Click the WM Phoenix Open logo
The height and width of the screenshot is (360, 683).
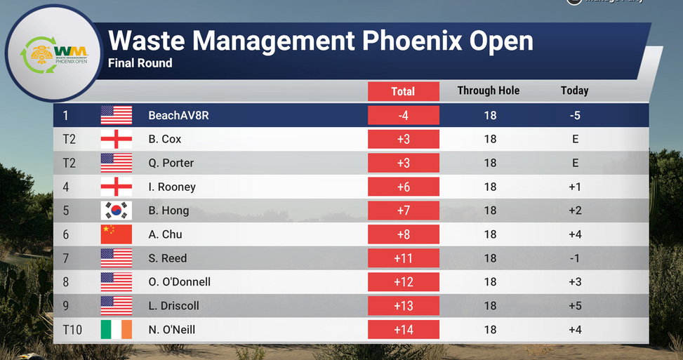[x=54, y=53]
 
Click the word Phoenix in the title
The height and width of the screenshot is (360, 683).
[x=412, y=41]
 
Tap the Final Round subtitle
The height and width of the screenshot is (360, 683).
[x=140, y=63]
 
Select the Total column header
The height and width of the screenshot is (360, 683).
[x=404, y=91]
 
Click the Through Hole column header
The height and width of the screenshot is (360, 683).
[x=489, y=91]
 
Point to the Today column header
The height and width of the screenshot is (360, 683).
[x=574, y=91]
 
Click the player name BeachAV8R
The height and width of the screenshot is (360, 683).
[x=178, y=115]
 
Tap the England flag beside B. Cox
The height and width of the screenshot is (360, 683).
[x=117, y=140]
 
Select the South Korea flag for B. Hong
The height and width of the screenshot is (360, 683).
[x=117, y=211]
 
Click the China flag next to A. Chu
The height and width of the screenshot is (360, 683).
[x=117, y=234]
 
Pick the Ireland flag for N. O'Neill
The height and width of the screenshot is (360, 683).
[x=117, y=330]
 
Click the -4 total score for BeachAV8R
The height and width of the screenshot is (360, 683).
[x=404, y=115]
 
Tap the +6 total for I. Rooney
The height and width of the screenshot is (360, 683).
[x=404, y=187]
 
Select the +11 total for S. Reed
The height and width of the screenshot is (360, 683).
[x=404, y=258]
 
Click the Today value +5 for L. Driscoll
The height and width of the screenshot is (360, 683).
[x=575, y=305]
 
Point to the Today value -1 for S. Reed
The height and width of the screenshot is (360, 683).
[x=575, y=258]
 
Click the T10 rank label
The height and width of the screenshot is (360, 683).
[x=72, y=330]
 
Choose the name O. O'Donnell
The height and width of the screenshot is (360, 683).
[x=180, y=281]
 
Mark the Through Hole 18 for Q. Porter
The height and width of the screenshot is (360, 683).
[x=490, y=163]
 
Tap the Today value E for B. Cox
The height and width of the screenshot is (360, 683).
[x=576, y=139]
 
